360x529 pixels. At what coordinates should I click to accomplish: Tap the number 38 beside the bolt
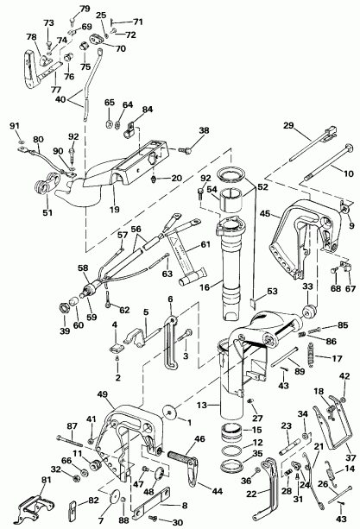coord(204,131)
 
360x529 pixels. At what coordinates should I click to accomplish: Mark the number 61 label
coord(205,245)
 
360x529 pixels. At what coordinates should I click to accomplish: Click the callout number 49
coord(103,394)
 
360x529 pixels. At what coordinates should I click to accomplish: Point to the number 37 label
coord(350,457)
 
